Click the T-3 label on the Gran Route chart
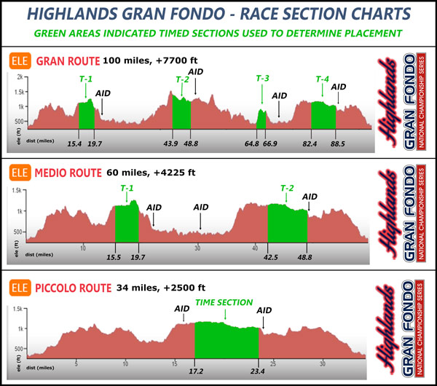[x=262, y=79]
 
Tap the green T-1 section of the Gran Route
[x=87, y=114]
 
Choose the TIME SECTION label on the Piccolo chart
[x=224, y=302]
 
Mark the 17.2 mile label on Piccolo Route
[x=194, y=371]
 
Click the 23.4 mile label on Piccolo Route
[x=259, y=371]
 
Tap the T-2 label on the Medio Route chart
[x=288, y=188]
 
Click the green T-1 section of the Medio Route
[x=126, y=221]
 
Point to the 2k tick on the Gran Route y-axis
[x=23, y=77]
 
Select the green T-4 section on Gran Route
[x=323, y=114]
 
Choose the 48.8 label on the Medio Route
[x=306, y=257]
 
